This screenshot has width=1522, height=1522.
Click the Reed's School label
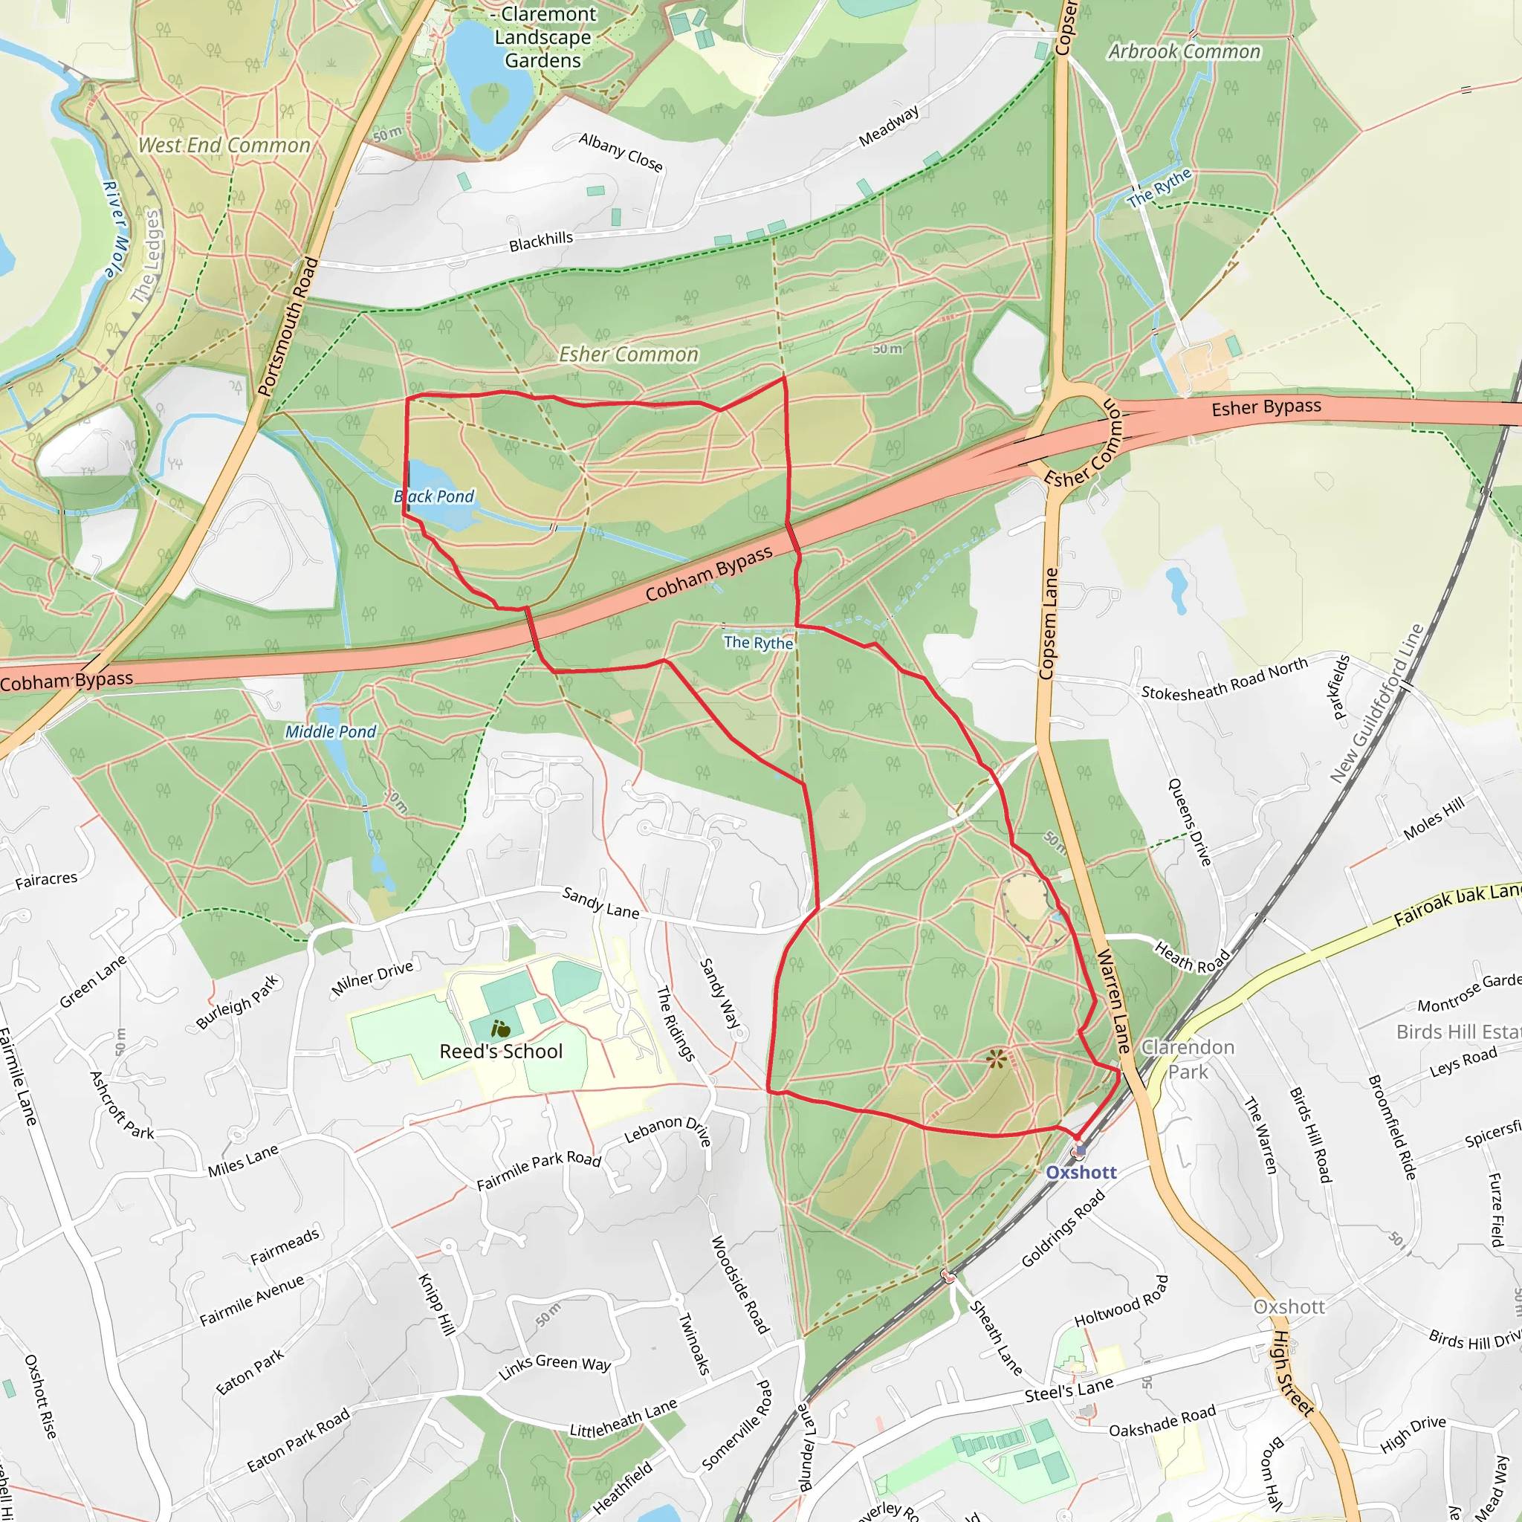(501, 1052)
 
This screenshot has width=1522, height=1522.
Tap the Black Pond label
(434, 496)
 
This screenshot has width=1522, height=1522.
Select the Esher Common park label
(628, 354)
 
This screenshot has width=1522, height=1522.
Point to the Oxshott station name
(1081, 1172)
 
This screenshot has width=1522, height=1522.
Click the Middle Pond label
(331, 732)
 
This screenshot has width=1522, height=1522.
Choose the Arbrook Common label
(1184, 52)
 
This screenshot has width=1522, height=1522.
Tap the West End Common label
(224, 146)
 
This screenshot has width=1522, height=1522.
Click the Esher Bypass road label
(1266, 407)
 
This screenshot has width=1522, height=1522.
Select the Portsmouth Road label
(288, 326)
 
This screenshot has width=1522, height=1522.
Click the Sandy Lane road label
(600, 903)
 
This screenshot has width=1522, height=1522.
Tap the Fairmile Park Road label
(539, 1170)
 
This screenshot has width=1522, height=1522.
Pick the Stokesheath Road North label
(1224, 679)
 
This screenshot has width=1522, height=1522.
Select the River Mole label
(115, 229)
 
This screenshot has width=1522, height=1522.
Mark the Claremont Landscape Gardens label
(543, 37)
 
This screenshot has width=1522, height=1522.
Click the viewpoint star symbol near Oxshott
(997, 1059)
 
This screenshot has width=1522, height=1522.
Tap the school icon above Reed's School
(500, 1028)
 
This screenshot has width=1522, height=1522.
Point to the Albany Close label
(621, 152)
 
